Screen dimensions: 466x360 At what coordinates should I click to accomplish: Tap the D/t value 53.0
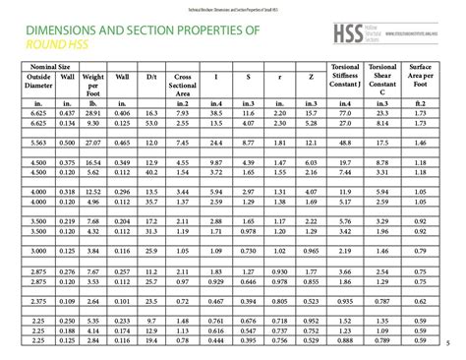(x=150, y=125)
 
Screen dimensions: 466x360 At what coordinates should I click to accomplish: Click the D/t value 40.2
(x=150, y=172)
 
